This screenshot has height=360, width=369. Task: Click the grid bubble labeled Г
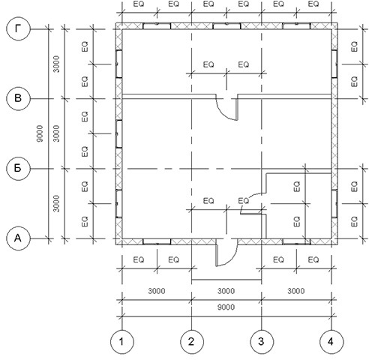click(18, 28)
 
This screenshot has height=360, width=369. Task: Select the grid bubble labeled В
click(18, 98)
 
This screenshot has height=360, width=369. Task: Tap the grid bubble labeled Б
click(18, 169)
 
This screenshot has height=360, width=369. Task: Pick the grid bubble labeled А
click(18, 238)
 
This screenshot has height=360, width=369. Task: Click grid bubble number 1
click(122, 341)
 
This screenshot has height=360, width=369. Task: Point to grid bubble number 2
click(192, 341)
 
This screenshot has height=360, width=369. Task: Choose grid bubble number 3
click(262, 341)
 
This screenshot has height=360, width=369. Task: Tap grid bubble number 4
click(331, 341)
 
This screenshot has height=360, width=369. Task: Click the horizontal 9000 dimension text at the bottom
click(226, 307)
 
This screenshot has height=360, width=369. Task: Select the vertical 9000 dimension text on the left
click(40, 133)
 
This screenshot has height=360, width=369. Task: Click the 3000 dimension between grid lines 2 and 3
click(226, 291)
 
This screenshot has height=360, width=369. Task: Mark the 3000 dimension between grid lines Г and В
click(57, 64)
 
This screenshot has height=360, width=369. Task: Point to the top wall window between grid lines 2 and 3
click(226, 25)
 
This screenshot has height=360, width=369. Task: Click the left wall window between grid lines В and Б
click(118, 133)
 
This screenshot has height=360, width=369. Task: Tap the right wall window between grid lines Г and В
click(334, 64)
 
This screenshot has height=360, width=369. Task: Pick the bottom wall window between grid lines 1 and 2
click(157, 241)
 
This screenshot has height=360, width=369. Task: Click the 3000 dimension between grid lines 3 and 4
click(296, 291)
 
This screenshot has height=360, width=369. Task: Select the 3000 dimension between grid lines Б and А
click(57, 203)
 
